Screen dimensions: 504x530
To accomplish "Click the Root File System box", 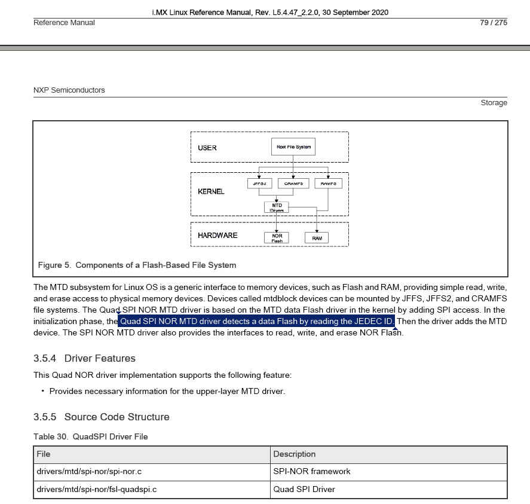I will point(293,146).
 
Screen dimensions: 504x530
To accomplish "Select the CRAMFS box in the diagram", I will point(293,184).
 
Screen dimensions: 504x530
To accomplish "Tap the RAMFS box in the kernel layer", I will point(328,184).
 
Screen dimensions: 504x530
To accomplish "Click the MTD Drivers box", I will point(277,207).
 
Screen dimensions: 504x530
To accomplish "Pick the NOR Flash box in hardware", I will point(277,237).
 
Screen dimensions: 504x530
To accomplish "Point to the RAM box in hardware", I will point(317,238).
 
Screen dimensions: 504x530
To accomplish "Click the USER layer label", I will point(207,148).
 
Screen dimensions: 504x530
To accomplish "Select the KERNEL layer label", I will point(211,191).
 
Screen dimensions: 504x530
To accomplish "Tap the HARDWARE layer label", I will point(217,236).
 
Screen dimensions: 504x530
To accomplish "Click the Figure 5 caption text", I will point(137,265).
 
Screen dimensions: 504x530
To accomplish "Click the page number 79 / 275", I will point(493,23).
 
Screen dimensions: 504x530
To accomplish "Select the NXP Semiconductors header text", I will point(69,90).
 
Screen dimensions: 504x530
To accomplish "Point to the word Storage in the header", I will point(494,103).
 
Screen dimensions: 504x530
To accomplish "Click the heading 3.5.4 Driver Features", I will point(84,359).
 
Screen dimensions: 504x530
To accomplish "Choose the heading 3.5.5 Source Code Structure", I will point(101,417).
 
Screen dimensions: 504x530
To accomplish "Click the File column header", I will point(43,454).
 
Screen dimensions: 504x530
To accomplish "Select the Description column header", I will point(294,454).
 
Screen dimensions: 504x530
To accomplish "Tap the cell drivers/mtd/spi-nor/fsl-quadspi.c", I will point(97,490).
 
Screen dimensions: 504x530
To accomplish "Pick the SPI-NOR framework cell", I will point(311,472).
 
